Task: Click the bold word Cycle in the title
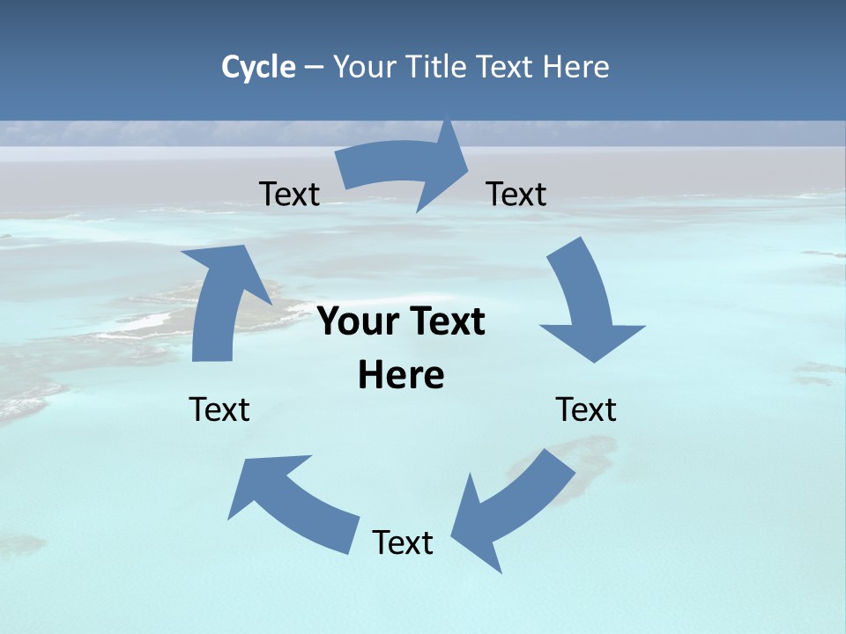258,67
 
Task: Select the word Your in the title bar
364,67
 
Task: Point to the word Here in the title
577,67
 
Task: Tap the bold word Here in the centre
401,375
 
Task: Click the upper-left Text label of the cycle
289,194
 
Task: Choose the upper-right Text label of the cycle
516,194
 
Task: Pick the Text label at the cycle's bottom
403,542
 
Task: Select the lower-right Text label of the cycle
586,409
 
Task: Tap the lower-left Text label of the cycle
219,409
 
